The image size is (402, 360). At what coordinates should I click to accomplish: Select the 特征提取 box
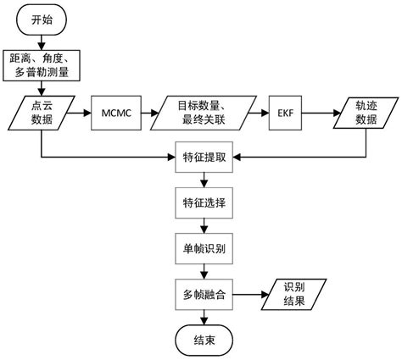coord(200,158)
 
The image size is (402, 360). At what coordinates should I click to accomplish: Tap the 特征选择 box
coord(200,204)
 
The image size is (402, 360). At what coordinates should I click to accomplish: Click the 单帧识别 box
coord(200,249)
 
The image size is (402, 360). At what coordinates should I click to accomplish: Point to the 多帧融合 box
coord(200,294)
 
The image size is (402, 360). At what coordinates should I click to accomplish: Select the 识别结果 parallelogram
coord(293,294)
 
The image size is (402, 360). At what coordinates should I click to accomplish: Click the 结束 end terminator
coord(202,341)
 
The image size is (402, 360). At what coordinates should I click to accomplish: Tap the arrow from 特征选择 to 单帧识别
coord(201,227)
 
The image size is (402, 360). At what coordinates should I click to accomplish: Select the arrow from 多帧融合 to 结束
coord(201,318)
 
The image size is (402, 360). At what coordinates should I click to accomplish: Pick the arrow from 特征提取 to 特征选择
coord(201,180)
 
